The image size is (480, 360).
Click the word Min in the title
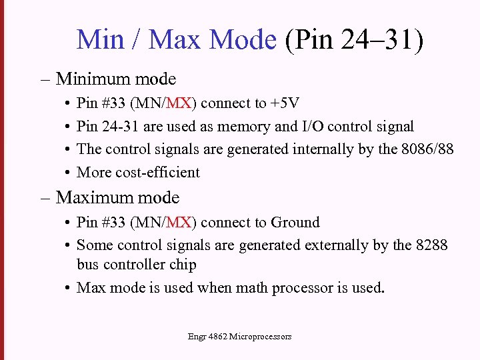pyautogui.click(x=101, y=39)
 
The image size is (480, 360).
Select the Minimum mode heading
pyautogui.click(x=116, y=79)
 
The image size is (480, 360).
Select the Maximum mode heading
pyautogui.click(x=118, y=197)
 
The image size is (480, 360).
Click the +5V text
pyautogui.click(x=285, y=103)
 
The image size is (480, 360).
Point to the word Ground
pyautogui.click(x=293, y=223)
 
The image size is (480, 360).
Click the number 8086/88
pyautogui.click(x=427, y=149)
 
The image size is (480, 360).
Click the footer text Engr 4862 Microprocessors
pyautogui.click(x=240, y=337)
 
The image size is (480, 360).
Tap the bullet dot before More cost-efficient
pyautogui.click(x=69, y=173)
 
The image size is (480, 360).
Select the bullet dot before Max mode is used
pyautogui.click(x=69, y=289)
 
